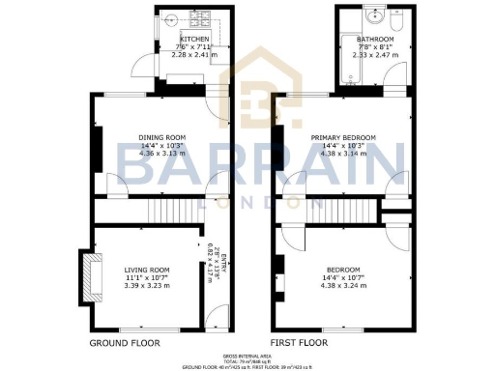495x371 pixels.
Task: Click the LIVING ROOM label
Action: click(147, 270)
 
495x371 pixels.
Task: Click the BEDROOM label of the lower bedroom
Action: click(343, 269)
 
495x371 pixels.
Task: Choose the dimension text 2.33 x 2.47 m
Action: click(375, 56)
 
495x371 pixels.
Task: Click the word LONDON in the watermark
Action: click(247, 203)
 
